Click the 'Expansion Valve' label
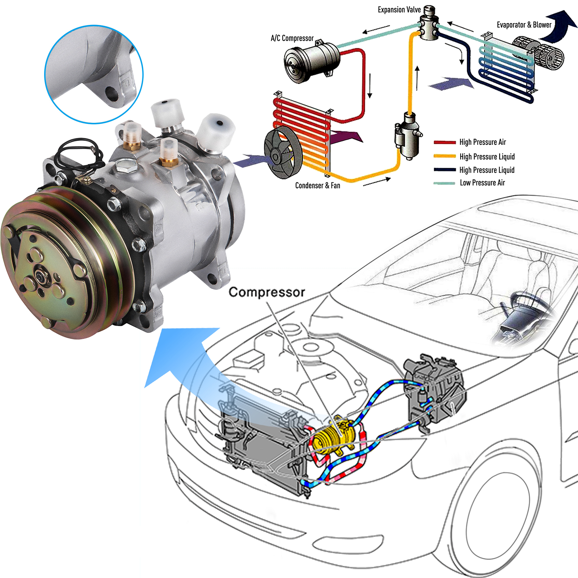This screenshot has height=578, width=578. click(399, 10)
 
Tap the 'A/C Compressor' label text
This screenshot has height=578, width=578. click(292, 38)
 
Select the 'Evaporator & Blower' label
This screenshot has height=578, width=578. click(524, 25)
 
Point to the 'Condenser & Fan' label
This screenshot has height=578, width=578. click(318, 186)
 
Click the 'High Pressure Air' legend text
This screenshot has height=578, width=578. click(482, 142)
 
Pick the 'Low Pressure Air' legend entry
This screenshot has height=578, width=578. click(482, 183)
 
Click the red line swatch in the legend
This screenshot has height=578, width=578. click(444, 142)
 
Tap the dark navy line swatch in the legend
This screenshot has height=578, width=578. click(444, 170)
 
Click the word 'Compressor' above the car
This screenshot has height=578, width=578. click(267, 292)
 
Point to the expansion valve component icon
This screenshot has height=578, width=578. click(429, 24)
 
